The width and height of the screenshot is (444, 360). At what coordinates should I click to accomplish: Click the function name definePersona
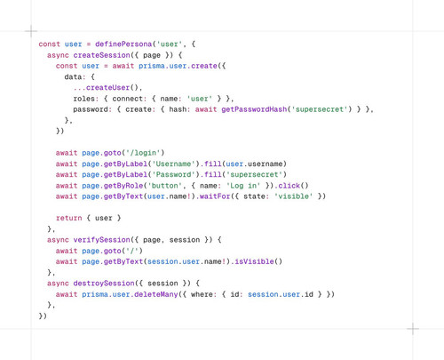[123, 44]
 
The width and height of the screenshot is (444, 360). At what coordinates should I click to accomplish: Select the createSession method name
[101, 55]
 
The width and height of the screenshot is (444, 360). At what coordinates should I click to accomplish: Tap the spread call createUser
[108, 88]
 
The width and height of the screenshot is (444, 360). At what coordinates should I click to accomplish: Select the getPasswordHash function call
[254, 109]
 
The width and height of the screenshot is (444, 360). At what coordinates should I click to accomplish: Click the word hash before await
[178, 109]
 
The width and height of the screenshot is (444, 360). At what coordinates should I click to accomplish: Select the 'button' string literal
[164, 186]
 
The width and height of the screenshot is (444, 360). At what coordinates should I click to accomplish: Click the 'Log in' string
[243, 186]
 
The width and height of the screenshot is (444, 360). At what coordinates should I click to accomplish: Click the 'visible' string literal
[293, 196]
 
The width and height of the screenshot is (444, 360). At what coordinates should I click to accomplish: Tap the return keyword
[68, 219]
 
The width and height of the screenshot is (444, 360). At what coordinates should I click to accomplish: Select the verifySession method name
[101, 240]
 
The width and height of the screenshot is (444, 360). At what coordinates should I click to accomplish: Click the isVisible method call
[254, 262]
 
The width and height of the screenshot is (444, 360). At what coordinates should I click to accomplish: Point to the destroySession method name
[104, 284]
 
